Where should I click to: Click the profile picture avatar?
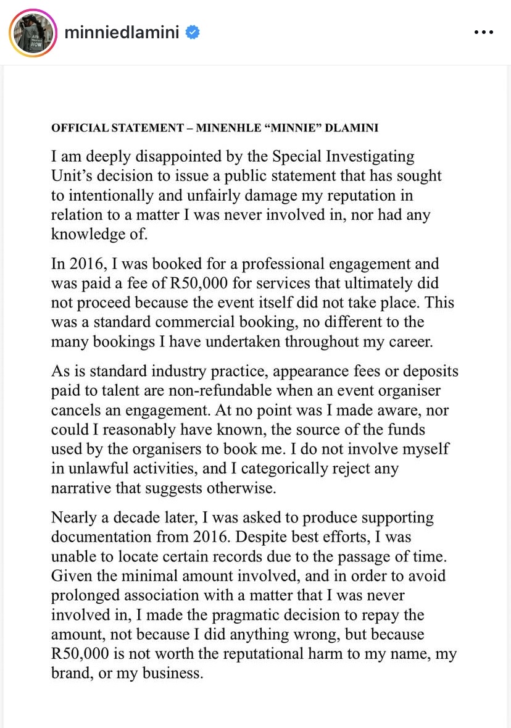pyautogui.click(x=33, y=33)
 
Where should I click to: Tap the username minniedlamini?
pyautogui.click(x=122, y=33)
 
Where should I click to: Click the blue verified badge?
pyautogui.click(x=193, y=33)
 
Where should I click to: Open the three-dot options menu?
pyautogui.click(x=483, y=33)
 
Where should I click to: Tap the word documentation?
pyautogui.click(x=106, y=537)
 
